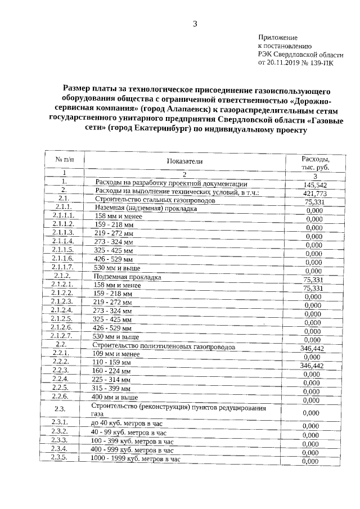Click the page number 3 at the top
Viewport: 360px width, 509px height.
coord(195,24)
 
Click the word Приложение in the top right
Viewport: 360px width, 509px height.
coord(276,37)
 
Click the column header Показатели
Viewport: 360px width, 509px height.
coord(184,161)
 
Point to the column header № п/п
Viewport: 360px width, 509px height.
coord(64,160)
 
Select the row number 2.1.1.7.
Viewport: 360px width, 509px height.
coord(63,267)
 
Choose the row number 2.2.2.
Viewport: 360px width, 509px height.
coord(61,361)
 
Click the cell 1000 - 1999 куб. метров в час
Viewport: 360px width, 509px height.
coord(135,459)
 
